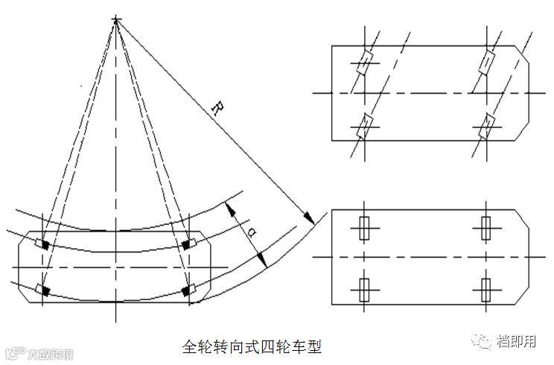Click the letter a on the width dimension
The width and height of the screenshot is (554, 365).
tap(251, 232)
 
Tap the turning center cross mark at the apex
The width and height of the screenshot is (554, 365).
tap(116, 19)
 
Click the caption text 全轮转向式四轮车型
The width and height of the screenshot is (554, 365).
tap(252, 347)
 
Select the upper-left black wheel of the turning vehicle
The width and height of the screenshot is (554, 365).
tap(45, 244)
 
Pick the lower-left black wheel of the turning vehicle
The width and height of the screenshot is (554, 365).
tap(45, 289)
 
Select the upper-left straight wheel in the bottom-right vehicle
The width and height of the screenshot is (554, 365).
tap(364, 227)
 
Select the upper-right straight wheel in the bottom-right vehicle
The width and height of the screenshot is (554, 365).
tap(486, 227)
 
